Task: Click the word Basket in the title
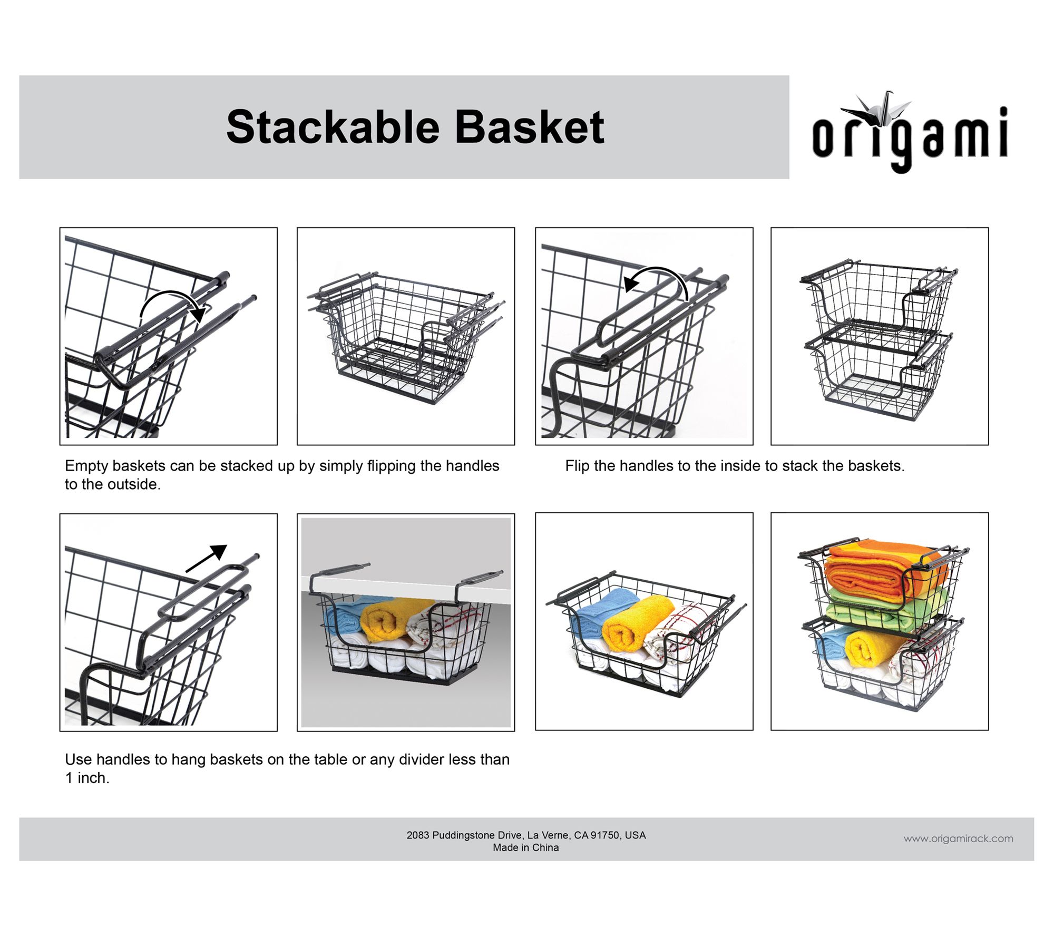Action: [x=529, y=127]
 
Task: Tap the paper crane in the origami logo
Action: [x=875, y=108]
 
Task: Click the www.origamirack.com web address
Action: [x=958, y=838]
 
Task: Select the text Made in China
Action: [x=526, y=847]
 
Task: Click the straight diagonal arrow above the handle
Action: [x=206, y=558]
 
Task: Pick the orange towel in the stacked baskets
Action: [x=885, y=573]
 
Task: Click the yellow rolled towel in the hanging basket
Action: [x=385, y=621]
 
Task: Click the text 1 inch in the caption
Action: [x=87, y=778]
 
